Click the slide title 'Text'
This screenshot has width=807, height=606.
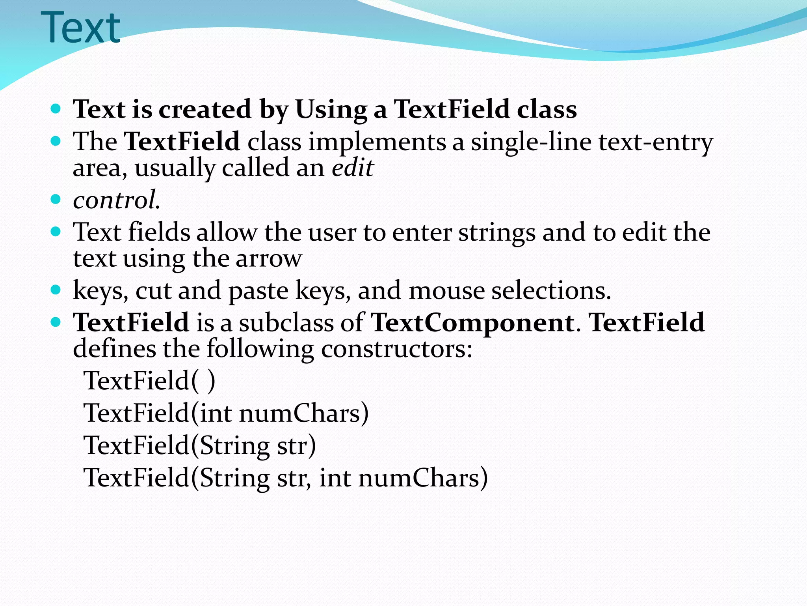[80, 28]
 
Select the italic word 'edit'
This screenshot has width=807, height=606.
[352, 168]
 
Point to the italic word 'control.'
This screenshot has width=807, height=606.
[116, 200]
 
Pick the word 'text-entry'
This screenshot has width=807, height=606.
[656, 142]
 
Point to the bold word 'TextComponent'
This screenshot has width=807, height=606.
[472, 323]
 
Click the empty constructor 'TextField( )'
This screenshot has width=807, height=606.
[149, 381]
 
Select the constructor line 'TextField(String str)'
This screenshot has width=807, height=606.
[199, 446]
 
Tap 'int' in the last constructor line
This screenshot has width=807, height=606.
[335, 478]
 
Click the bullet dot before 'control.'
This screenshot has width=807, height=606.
[56, 199]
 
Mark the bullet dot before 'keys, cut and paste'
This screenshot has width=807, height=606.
[56, 290]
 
